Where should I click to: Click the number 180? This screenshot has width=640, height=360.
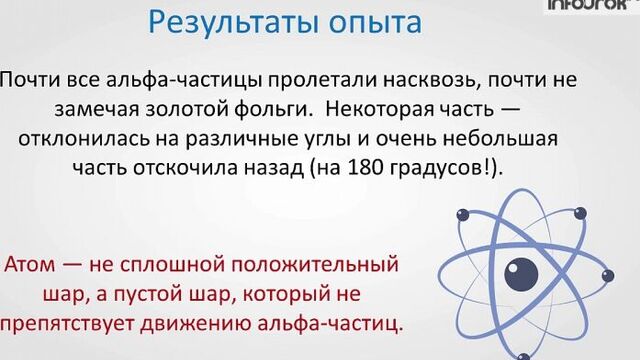point(384,167)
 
